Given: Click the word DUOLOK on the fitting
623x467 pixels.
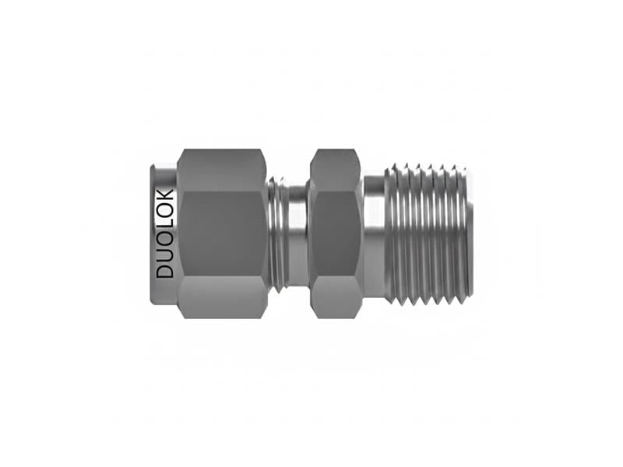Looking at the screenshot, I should tap(165, 233).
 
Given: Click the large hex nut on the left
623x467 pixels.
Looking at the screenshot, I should tap(222, 233).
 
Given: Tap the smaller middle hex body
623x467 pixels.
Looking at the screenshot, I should tap(335, 233).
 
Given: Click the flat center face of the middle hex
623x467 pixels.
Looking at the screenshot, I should tap(335, 233).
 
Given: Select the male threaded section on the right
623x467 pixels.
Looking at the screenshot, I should tap(428, 233).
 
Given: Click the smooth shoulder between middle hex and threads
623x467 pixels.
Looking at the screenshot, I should tap(374, 233).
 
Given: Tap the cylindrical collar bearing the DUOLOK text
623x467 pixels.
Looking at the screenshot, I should tap(164, 233).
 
